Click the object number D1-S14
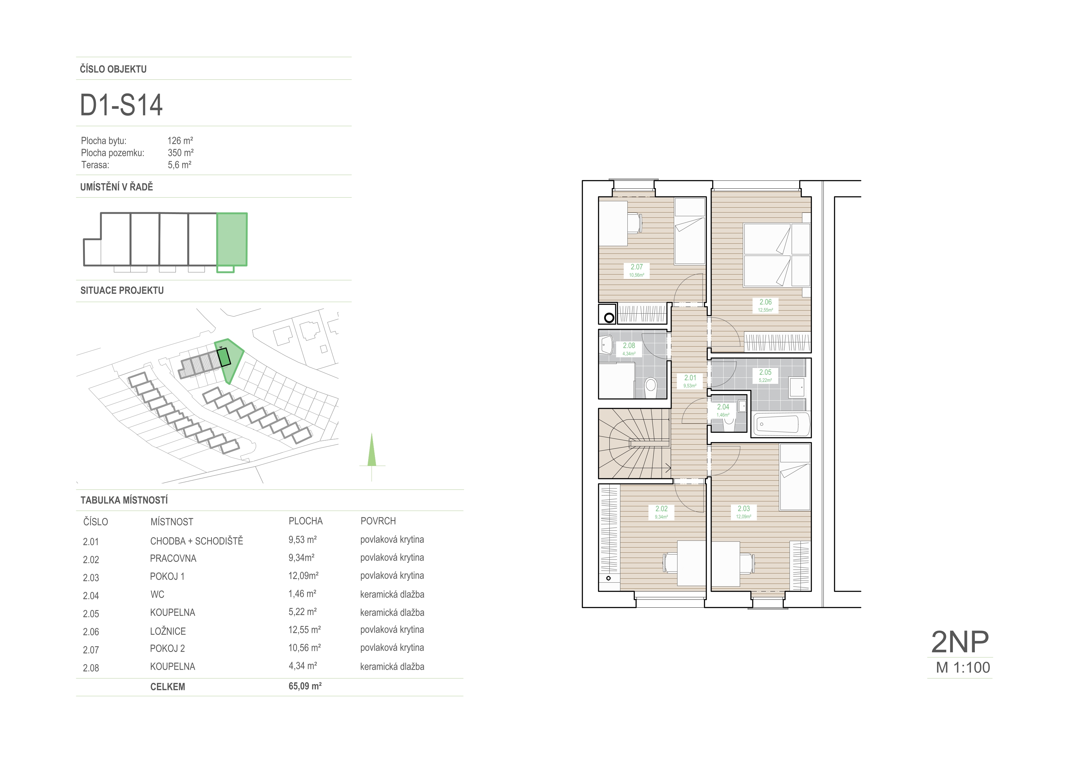click(x=121, y=105)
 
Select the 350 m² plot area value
click(x=180, y=152)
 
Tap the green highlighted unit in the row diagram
click(x=232, y=239)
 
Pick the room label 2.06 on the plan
click(x=765, y=302)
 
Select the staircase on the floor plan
click(x=635, y=444)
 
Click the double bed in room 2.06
click(x=777, y=255)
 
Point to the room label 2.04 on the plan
click(x=723, y=407)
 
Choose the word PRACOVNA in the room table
click(x=173, y=558)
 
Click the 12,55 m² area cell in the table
click(x=305, y=630)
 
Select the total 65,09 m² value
click(x=305, y=686)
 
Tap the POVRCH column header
click(x=378, y=521)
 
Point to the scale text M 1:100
click(x=963, y=668)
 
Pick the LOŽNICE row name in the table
click(x=168, y=631)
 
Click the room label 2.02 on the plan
click(x=662, y=509)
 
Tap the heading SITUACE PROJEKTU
click(x=122, y=291)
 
